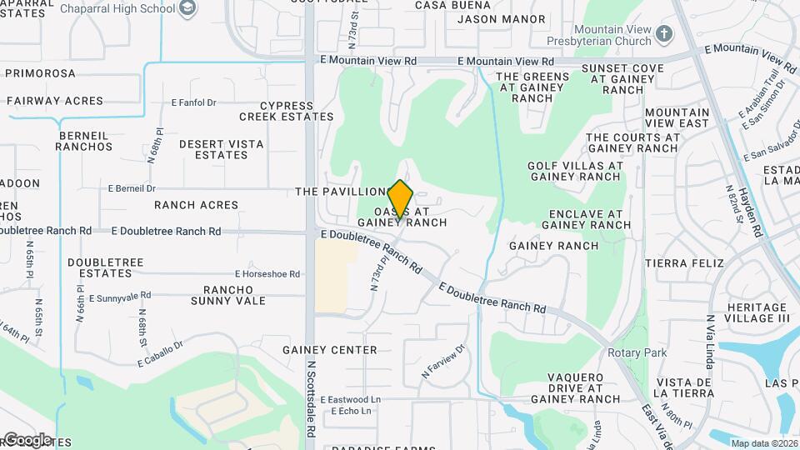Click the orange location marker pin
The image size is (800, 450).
[x=401, y=200]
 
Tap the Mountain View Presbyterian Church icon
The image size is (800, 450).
[x=663, y=33]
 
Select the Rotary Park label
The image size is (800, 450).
[x=637, y=352]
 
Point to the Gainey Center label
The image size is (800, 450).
[x=330, y=350]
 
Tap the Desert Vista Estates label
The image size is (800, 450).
[x=222, y=149]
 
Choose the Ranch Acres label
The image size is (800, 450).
[x=196, y=205]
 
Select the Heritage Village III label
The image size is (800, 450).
[x=757, y=313]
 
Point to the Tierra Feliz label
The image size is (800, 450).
[x=680, y=262]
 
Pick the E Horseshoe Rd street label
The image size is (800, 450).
[x=267, y=273]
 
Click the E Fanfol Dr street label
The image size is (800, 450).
[x=193, y=103]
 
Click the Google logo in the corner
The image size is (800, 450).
[x=27, y=439]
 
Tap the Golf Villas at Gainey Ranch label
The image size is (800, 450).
[x=575, y=171]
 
